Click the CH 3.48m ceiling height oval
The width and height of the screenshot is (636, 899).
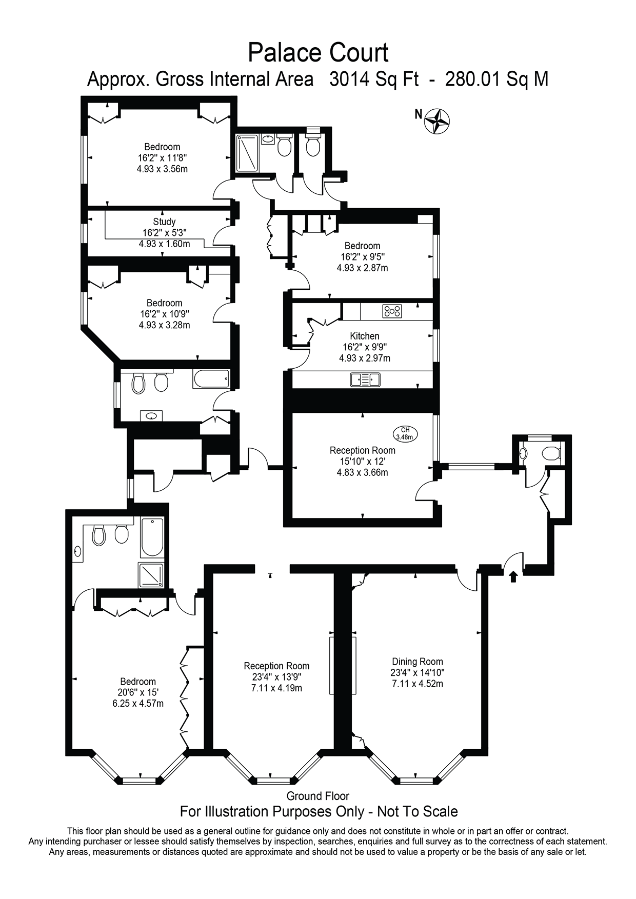coord(405,434)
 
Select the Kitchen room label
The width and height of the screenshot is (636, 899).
coord(365,336)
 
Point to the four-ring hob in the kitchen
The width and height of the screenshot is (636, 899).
coord(392,311)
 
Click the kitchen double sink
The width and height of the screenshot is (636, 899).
coord(365,379)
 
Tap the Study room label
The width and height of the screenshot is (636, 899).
coord(164,222)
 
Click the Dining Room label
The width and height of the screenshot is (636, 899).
coord(418,662)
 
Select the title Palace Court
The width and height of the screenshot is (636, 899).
coord(318,53)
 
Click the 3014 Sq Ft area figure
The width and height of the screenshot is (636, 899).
coord(374,79)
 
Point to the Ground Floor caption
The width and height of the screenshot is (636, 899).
coord(318,796)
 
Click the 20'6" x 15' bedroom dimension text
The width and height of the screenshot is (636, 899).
coord(138,692)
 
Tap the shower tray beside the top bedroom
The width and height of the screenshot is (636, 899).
coord(248,152)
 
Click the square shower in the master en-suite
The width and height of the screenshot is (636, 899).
coord(151,575)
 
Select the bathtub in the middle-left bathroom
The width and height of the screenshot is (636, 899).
coord(211,379)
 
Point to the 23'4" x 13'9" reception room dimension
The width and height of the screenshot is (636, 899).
coord(276,677)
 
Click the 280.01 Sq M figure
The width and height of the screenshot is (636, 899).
coord(496,79)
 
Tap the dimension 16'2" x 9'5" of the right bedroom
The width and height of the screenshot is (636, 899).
coord(362,257)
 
